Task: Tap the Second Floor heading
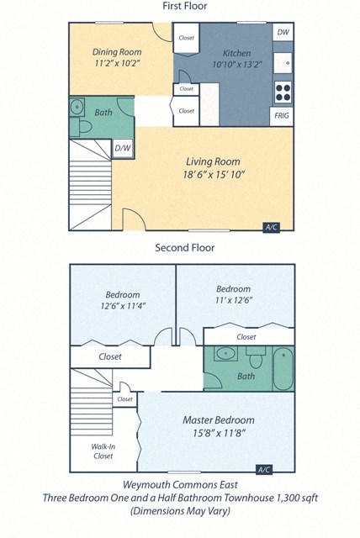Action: point(184,248)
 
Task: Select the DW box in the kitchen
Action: point(283,33)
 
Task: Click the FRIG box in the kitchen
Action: point(283,115)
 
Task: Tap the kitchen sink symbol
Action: point(284,61)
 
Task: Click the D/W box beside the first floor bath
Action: point(123,150)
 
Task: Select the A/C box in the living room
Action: point(272,227)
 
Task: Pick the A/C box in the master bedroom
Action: point(263,469)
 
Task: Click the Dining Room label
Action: point(116,51)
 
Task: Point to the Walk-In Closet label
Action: point(103,451)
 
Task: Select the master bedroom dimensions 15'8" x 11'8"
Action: point(218,434)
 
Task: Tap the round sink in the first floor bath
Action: point(77,107)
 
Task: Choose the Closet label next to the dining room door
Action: point(186,38)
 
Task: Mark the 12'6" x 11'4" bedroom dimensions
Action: point(122,308)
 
